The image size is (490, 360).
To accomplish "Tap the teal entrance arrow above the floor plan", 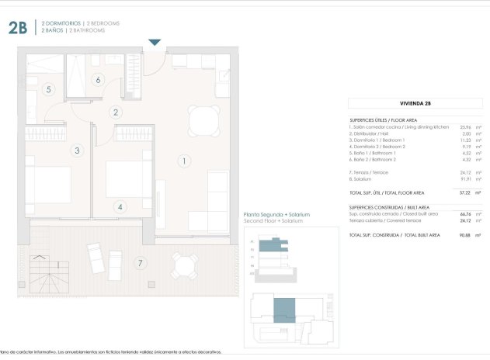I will click(155, 42).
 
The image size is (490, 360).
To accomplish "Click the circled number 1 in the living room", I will click(184, 161).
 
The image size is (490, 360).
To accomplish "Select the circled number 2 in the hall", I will click(116, 112).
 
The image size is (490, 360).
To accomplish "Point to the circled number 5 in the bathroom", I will click(48, 90).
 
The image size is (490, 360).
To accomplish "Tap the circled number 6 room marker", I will click(98, 79).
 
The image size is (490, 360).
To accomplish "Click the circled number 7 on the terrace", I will click(140, 263).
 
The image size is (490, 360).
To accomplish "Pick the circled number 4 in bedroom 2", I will click(120, 207).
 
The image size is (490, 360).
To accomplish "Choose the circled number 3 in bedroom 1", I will click(76, 151).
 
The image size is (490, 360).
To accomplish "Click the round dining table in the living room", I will click(203, 120).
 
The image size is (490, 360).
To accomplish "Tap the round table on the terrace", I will click(185, 268).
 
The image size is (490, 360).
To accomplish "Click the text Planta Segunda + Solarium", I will click(276, 214).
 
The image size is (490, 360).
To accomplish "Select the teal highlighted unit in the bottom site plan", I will click(285, 310).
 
